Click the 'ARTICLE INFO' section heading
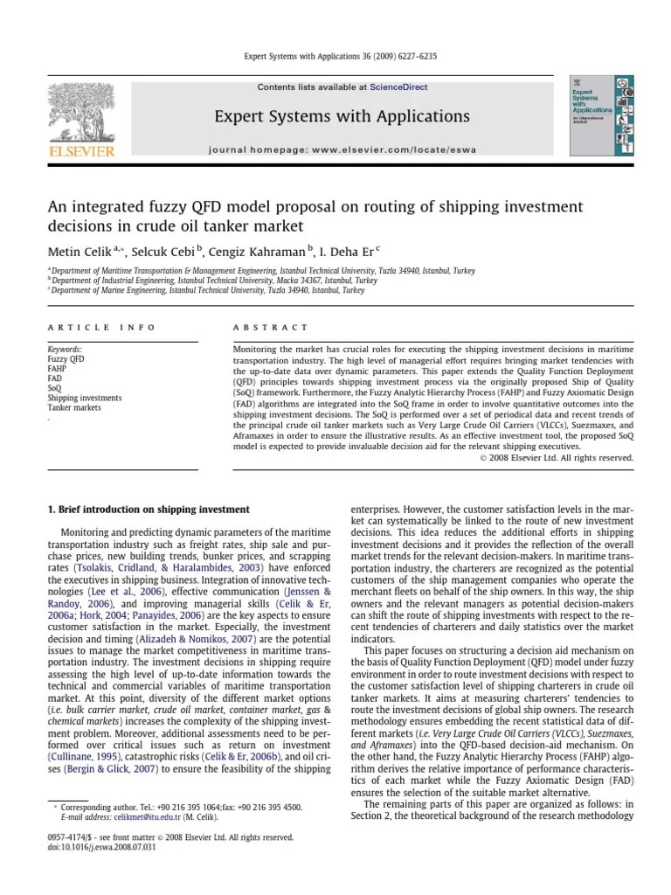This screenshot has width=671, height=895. pyautogui.click(x=101, y=327)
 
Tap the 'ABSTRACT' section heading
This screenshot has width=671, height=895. pyautogui.click(x=270, y=327)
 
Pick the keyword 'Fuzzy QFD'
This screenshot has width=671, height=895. pyautogui.click(x=67, y=358)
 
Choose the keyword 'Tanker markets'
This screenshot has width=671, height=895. pyautogui.click(x=74, y=407)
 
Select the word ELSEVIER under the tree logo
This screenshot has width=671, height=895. pyautogui.click(x=81, y=152)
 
